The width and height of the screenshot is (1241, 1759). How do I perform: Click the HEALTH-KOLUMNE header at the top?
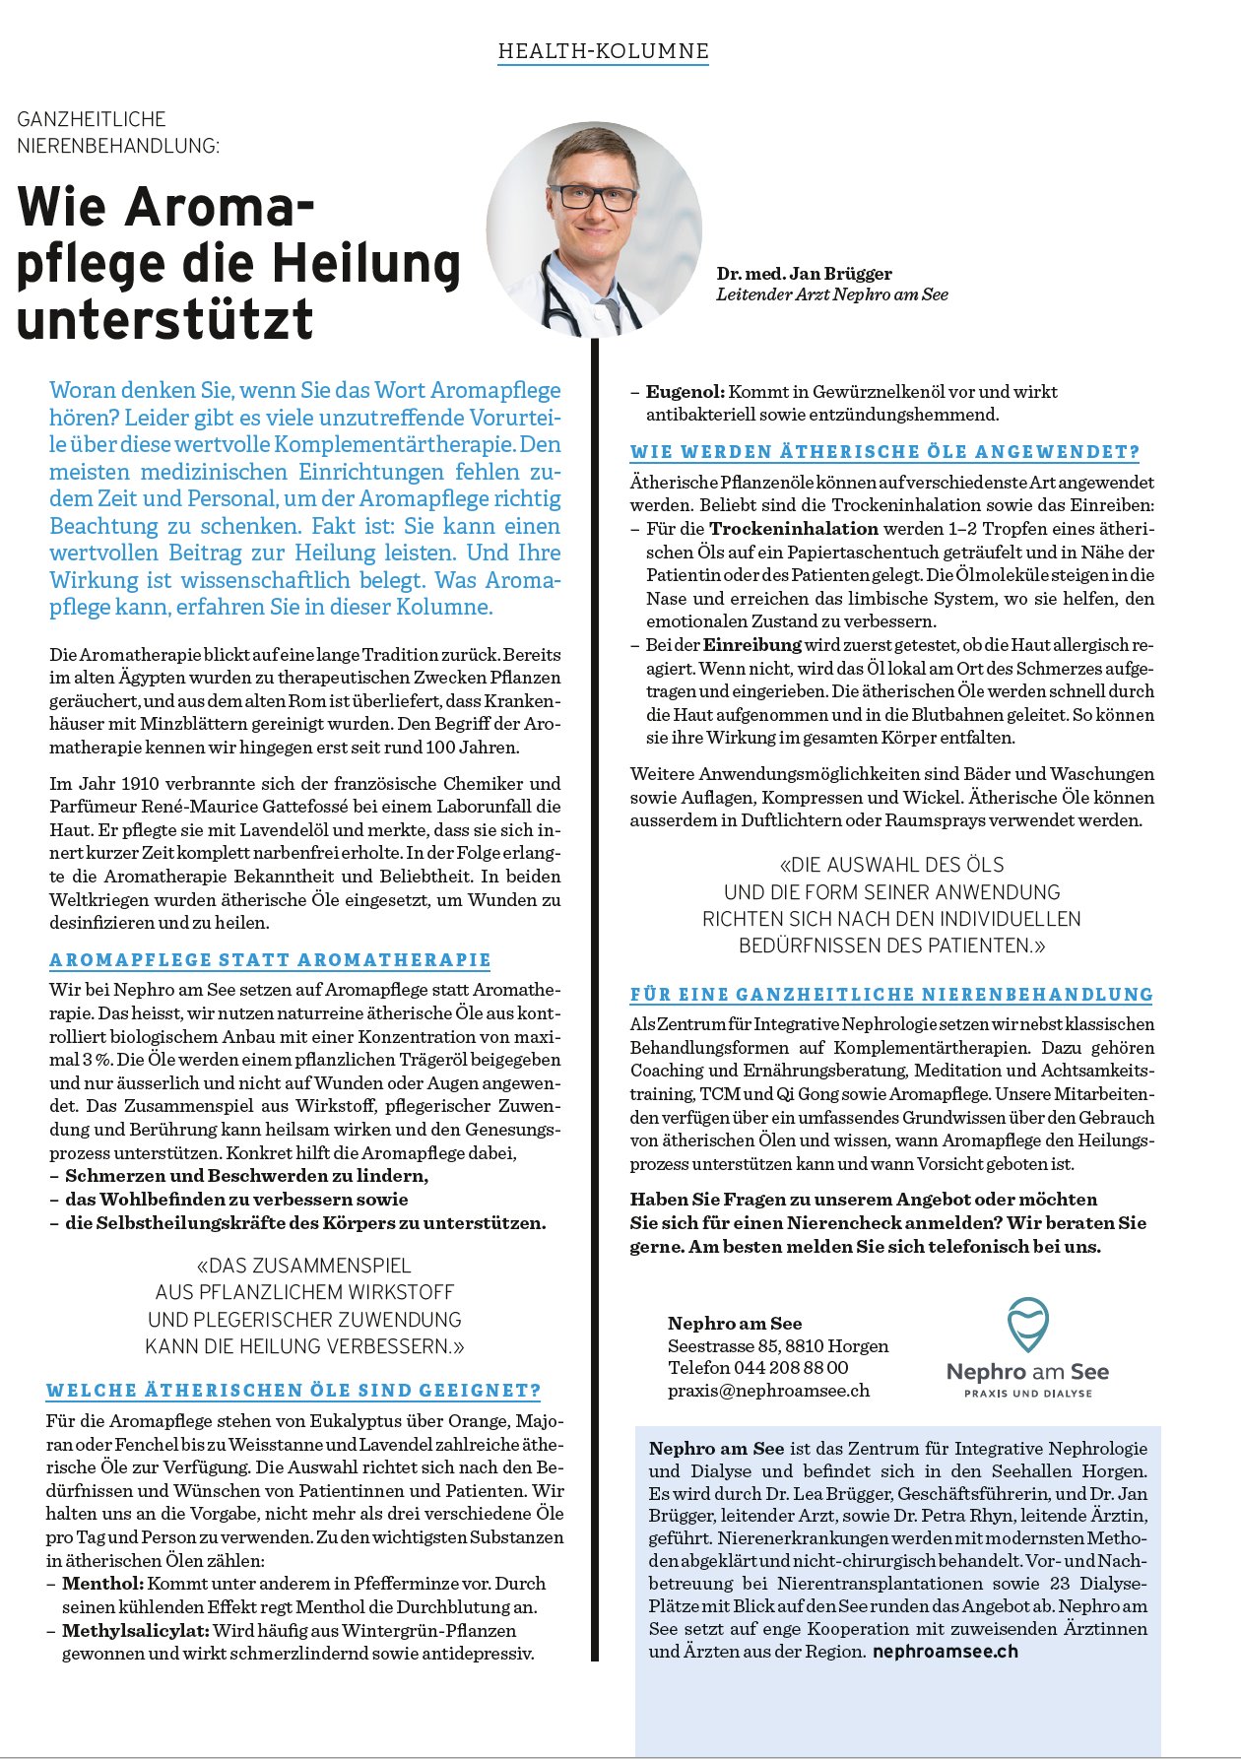tap(603, 51)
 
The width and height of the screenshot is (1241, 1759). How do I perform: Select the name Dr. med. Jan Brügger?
tap(804, 274)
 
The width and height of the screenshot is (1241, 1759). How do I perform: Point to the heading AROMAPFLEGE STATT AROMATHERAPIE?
tap(270, 960)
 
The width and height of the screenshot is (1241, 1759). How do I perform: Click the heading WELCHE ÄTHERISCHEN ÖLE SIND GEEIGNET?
tap(294, 1391)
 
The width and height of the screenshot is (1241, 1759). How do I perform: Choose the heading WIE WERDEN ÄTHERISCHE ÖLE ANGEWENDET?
tap(884, 452)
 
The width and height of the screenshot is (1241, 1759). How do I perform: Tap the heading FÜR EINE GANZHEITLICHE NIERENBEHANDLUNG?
tap(891, 995)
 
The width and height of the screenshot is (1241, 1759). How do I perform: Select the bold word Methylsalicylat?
tap(135, 1631)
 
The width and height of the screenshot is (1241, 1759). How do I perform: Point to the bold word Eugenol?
tap(685, 392)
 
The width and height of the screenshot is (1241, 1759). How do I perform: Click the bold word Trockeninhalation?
tap(793, 529)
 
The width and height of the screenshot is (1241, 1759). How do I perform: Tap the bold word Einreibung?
tap(752, 645)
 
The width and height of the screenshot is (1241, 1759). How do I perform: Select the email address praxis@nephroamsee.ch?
tap(768, 1391)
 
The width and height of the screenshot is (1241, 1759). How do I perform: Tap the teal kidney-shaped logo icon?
tap(1027, 1325)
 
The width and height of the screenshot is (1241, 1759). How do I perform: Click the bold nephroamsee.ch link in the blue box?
tap(945, 1652)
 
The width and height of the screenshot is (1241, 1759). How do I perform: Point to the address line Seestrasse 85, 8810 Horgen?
tap(778, 1346)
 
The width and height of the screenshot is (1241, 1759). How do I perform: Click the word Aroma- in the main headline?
tap(221, 207)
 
